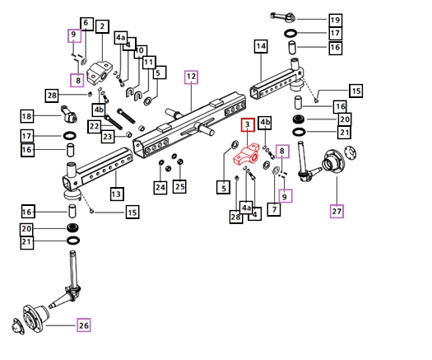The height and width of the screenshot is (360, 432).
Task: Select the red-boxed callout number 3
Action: point(248,125)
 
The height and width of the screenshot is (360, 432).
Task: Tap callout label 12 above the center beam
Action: point(191,77)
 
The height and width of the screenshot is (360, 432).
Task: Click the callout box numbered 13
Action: point(116,194)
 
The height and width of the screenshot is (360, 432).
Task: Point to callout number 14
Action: point(261,46)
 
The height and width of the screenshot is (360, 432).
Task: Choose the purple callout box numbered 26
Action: point(83,325)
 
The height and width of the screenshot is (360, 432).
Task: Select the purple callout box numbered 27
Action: point(337,211)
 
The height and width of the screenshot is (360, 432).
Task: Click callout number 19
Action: point(335,20)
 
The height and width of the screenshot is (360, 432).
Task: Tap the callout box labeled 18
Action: point(27,116)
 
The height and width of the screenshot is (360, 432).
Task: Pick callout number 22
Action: point(95,126)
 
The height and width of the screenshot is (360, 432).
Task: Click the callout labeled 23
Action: point(108,136)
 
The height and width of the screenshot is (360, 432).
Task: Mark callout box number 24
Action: point(160,187)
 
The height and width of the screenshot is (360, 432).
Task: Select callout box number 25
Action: point(179,186)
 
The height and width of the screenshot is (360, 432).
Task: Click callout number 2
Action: point(103,26)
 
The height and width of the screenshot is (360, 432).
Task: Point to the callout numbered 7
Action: point(274,209)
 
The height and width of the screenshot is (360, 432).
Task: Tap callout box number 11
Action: point(149,63)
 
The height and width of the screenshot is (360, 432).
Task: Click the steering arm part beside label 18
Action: point(69,114)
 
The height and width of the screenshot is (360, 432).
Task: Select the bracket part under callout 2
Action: point(100,73)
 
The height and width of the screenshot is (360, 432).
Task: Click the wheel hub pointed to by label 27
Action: point(334,162)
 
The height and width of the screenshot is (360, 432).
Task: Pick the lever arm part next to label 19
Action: point(283,17)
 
